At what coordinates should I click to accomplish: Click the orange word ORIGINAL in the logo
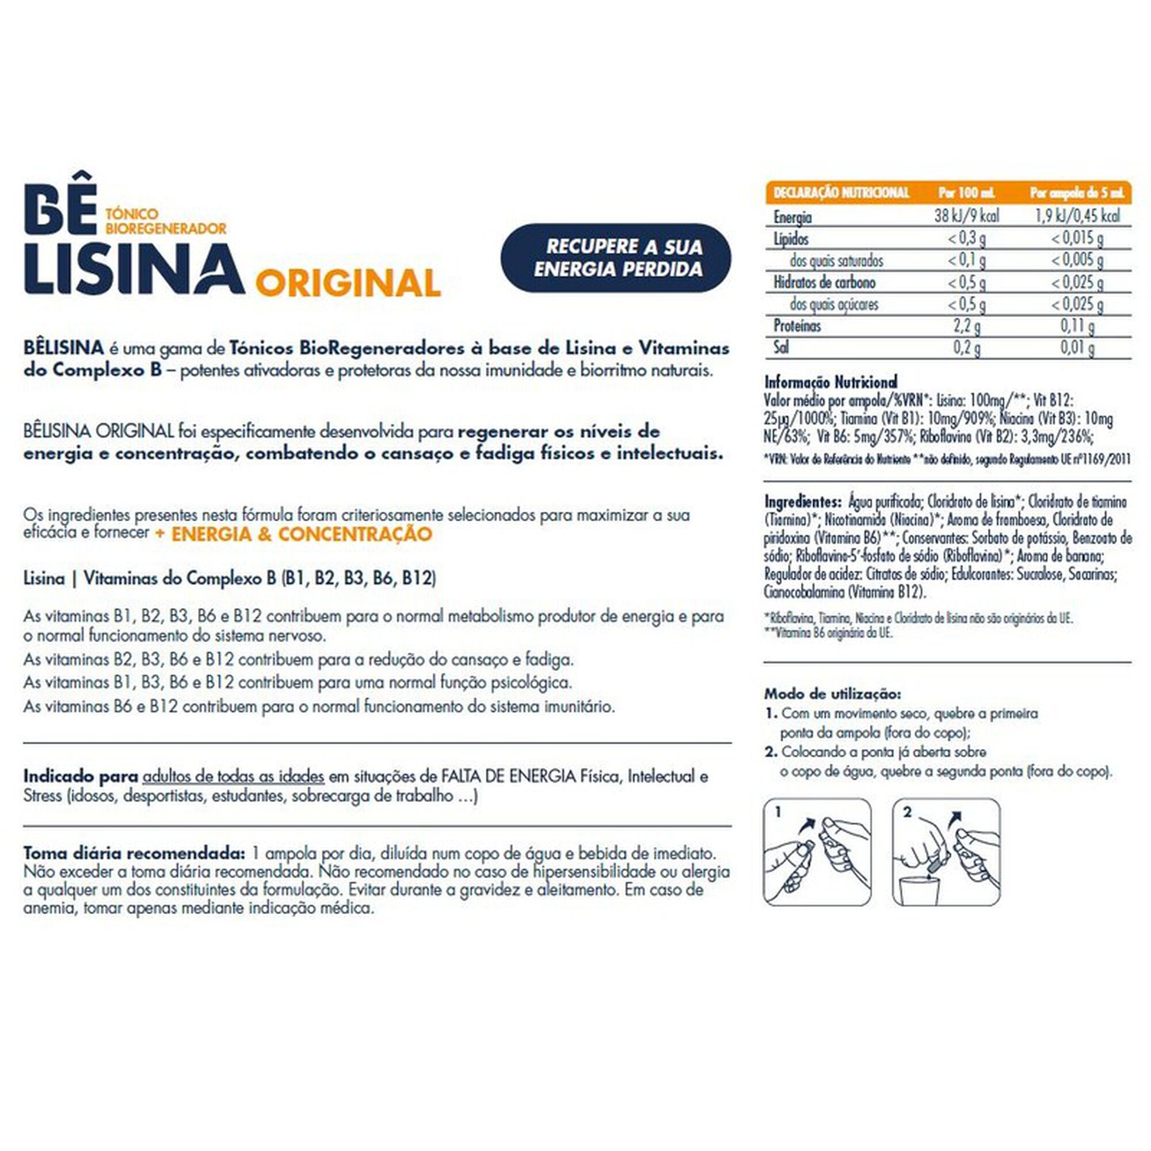pos(348,284)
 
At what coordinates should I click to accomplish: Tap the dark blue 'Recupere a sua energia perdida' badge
pos(616,258)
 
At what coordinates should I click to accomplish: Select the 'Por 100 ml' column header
pos(966,193)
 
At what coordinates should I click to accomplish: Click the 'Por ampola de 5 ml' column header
pos(1077,193)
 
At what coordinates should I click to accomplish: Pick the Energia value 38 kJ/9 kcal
pos(966,216)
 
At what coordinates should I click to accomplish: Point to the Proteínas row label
pos(797,326)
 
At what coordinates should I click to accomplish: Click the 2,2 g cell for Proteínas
pos(966,326)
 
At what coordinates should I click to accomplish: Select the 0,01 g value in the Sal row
pos(1077,348)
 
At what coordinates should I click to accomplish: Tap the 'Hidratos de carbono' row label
pos(824,282)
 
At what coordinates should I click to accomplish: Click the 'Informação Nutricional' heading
pos(830,382)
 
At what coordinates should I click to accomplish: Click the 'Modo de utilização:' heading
pos(832,694)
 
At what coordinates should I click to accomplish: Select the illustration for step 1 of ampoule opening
pos(817,852)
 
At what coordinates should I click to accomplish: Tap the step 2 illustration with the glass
pos(947,852)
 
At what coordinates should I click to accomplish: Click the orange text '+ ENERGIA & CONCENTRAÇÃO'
pos(293,534)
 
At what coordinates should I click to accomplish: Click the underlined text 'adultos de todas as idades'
pos(234,777)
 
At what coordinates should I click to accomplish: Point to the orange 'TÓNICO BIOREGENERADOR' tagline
pos(166,221)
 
